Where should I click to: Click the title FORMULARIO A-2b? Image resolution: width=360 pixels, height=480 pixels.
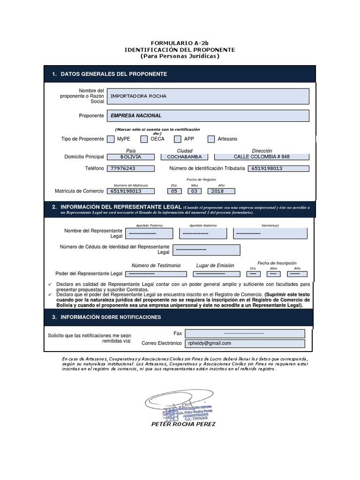point(180,43)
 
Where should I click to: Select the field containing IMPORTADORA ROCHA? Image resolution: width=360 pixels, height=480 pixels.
point(208,96)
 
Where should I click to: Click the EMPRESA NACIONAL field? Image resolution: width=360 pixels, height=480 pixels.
point(208,115)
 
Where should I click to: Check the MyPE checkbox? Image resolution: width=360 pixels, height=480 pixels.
point(111,139)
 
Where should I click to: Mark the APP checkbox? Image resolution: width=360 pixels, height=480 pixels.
point(177,139)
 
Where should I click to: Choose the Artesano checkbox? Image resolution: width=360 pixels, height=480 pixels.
point(211,139)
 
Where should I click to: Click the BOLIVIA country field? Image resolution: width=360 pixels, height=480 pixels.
point(131,157)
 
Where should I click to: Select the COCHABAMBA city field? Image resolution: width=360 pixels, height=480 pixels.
point(184,157)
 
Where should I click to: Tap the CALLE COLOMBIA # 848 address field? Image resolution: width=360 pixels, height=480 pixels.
point(262,157)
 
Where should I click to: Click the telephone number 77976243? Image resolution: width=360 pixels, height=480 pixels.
point(131,169)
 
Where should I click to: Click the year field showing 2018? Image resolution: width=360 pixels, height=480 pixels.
point(217,191)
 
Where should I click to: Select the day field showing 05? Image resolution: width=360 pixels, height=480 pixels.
point(174,191)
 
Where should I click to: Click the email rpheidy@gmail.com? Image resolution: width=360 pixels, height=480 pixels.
point(245,344)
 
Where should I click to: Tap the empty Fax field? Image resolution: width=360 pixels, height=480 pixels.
point(245,333)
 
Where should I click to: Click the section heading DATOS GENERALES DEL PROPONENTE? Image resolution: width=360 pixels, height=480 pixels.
point(114,74)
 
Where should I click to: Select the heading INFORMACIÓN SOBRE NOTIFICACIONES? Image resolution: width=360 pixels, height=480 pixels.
point(111,317)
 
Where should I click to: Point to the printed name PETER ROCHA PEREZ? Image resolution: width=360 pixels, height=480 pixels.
point(183,424)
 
